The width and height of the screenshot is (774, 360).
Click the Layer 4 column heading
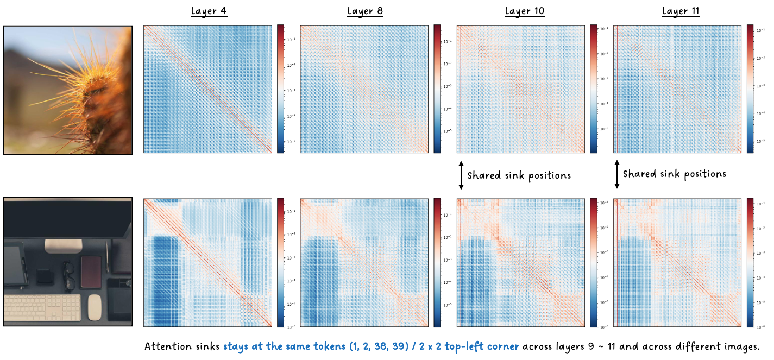[x=209, y=11]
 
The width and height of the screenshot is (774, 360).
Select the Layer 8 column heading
[x=365, y=11]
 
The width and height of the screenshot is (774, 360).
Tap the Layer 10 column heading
[x=524, y=11]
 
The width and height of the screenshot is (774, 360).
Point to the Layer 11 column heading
[x=680, y=11]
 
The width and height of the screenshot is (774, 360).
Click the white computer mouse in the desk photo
[x=95, y=307]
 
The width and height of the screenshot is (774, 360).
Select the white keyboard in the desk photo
[x=43, y=307]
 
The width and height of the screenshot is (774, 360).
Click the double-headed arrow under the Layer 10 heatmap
[x=461, y=175]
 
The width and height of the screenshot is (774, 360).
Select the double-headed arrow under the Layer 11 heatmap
[x=617, y=174]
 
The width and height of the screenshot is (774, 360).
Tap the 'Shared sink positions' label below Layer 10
[x=519, y=176]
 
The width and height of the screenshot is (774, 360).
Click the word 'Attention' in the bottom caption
[x=167, y=346]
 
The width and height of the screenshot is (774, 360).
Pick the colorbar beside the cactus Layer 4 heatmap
[x=280, y=89]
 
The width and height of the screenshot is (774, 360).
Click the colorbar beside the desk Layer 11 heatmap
[x=750, y=263]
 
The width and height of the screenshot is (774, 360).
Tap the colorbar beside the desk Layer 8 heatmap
[x=437, y=263]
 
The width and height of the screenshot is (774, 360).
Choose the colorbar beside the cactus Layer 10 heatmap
[x=594, y=89]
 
